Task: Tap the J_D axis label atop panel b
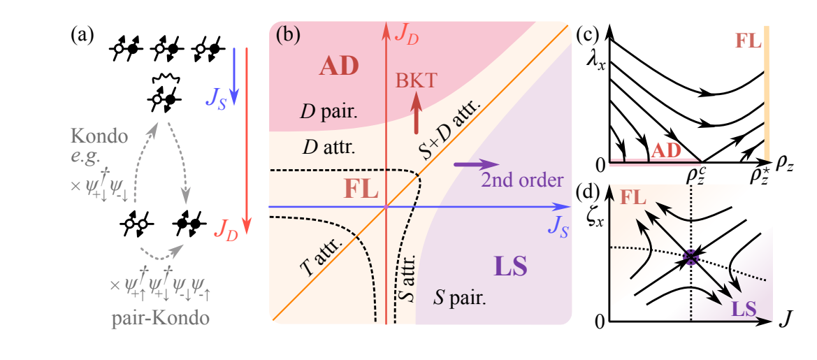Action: click(x=407, y=33)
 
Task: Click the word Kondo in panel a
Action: click(x=108, y=136)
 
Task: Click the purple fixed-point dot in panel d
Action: click(x=691, y=257)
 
